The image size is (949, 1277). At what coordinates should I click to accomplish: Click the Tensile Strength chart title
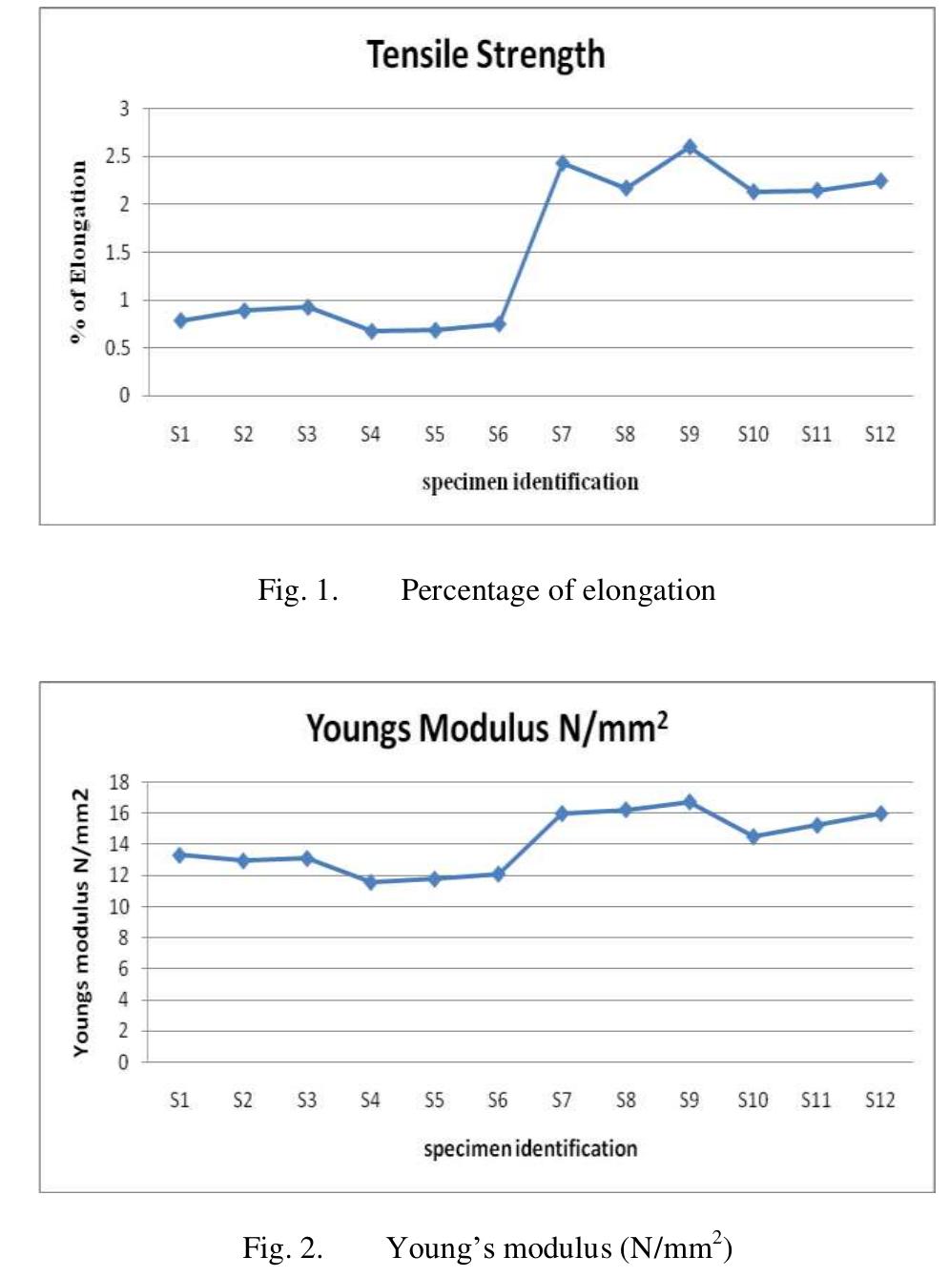[x=485, y=54]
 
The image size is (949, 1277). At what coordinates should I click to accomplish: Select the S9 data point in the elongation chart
[x=690, y=147]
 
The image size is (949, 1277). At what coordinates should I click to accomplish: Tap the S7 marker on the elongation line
[x=563, y=163]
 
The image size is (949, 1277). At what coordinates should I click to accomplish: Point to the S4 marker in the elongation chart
[x=371, y=331]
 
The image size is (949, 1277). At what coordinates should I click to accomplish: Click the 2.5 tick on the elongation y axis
[x=123, y=156]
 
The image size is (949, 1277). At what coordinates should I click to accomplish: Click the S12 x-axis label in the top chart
[x=879, y=435]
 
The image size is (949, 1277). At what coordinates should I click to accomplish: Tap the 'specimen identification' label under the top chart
[x=530, y=482]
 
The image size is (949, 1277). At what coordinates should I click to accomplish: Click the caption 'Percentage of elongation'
[x=558, y=590]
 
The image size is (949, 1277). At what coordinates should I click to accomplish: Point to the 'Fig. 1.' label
[x=298, y=590]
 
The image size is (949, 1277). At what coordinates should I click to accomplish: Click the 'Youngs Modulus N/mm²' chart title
[x=486, y=729]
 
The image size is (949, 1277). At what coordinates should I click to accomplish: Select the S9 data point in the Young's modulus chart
[x=690, y=802]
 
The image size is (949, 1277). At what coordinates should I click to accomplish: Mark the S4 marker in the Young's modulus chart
[x=371, y=882]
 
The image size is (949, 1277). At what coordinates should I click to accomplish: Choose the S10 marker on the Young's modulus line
[x=753, y=836]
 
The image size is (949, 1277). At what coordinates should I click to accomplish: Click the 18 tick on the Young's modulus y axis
[x=119, y=783]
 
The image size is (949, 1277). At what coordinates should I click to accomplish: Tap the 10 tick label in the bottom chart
[x=119, y=907]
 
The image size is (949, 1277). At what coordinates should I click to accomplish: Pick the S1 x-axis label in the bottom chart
[x=179, y=1101]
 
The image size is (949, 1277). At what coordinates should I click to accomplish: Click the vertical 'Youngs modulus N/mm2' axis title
[x=81, y=922]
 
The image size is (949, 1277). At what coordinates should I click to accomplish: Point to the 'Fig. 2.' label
[x=282, y=1248]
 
